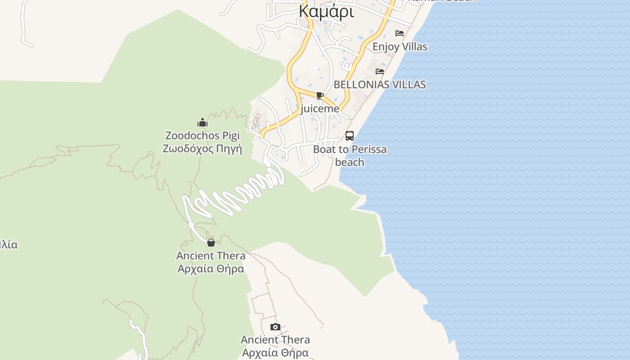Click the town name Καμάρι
tap(326, 12)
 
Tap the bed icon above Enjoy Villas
tap(399, 33)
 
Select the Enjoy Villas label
tap(400, 46)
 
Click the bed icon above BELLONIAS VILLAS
tap(380, 71)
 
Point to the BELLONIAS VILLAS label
tap(379, 85)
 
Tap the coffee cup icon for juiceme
tap(320, 95)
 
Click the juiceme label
tap(320, 109)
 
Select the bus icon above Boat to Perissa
tap(350, 135)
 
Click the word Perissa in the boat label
tap(369, 149)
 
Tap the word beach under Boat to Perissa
tap(350, 162)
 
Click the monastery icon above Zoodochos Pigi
tap(202, 122)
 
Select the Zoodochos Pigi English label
tap(202, 135)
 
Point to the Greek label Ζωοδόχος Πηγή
tap(202, 149)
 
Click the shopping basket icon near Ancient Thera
tap(211, 243)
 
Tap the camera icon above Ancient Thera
tap(275, 327)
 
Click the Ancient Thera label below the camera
tap(275, 340)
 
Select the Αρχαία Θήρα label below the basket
tap(211, 269)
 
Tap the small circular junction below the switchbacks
tap(191, 225)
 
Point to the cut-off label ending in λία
tap(9, 245)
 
